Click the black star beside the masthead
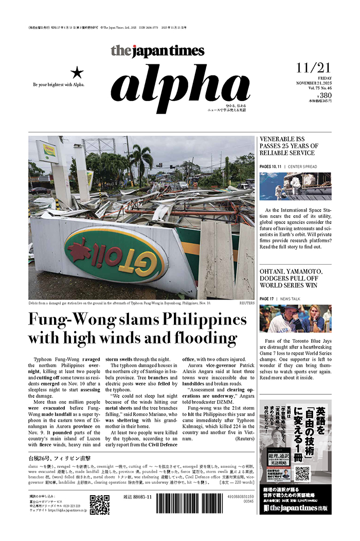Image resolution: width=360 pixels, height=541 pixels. pyautogui.click(x=76, y=72)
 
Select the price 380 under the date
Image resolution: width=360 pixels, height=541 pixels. pyautogui.click(x=325, y=95)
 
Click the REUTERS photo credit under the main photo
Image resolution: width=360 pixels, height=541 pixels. pyautogui.click(x=246, y=303)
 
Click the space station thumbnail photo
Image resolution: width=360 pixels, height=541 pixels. pyautogui.click(x=295, y=186)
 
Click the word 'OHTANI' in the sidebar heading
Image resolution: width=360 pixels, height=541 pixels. pyautogui.click(x=276, y=271)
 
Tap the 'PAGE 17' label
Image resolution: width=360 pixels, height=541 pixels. pyautogui.click(x=267, y=299)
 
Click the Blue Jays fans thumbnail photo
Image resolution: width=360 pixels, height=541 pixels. pyautogui.click(x=295, y=318)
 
